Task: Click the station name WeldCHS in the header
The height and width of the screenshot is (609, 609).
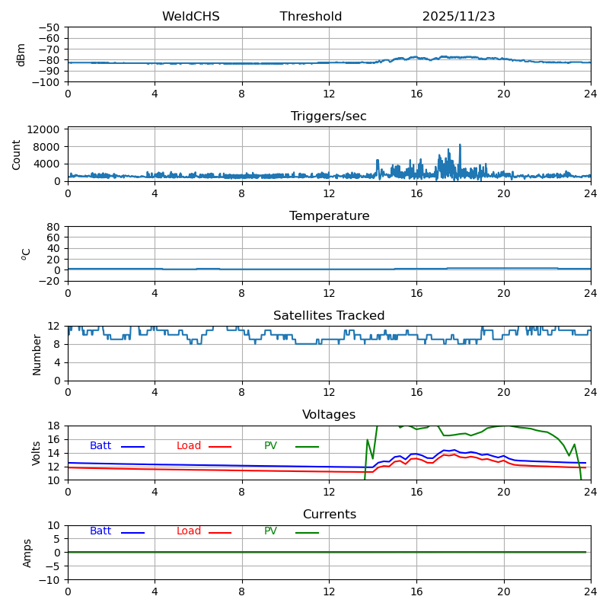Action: click(190, 17)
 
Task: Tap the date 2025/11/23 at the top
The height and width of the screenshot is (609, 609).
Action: click(458, 17)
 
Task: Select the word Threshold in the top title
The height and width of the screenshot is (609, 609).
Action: click(311, 17)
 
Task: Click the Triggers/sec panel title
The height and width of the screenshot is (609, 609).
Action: click(329, 116)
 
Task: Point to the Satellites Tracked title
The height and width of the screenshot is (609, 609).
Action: click(329, 316)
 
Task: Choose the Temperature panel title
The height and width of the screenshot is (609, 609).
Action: click(329, 216)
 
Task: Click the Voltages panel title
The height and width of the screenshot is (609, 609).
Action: click(329, 415)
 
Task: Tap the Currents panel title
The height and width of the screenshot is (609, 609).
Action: click(329, 515)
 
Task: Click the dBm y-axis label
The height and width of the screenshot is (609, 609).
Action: click(21, 54)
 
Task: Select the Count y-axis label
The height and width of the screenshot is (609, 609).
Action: click(17, 154)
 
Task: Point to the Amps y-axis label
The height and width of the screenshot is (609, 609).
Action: click(27, 553)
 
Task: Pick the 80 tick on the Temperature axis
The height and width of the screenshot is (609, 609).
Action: click(53, 227)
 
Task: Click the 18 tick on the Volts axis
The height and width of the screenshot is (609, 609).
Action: click(55, 426)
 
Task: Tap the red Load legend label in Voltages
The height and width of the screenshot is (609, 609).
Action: click(189, 446)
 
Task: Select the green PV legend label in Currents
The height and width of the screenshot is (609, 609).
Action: click(270, 531)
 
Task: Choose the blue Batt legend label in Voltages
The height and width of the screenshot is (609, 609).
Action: click(100, 446)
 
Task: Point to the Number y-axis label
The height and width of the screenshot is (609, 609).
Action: click(37, 354)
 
